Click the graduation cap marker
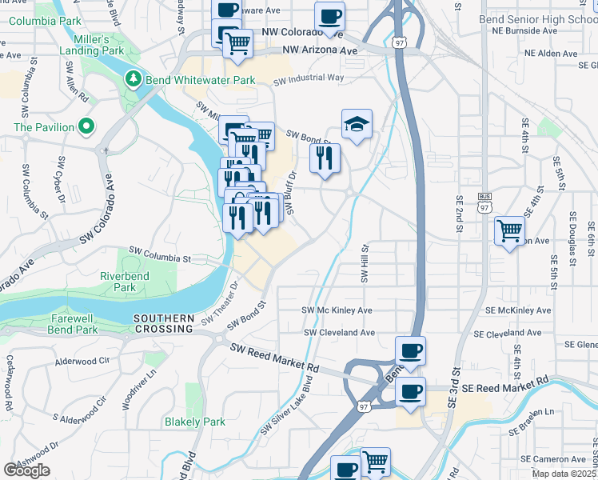click(x=357, y=124)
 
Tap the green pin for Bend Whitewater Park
click(x=133, y=80)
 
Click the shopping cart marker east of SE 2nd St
click(x=509, y=230)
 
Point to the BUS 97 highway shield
click(x=483, y=202)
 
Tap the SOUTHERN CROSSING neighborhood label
click(x=164, y=323)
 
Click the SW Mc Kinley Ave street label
click(x=337, y=310)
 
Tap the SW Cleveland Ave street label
click(x=339, y=333)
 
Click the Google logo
click(x=26, y=470)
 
